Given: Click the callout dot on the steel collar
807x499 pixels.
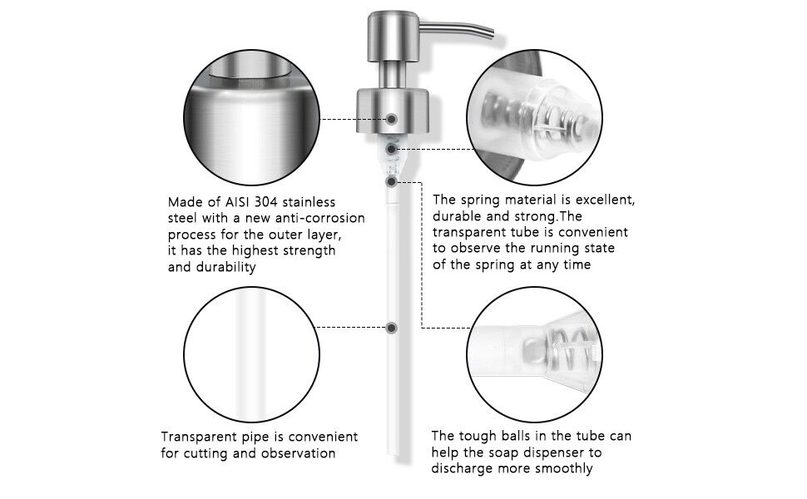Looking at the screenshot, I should [x=391, y=119].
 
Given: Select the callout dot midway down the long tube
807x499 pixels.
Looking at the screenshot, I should [x=391, y=328].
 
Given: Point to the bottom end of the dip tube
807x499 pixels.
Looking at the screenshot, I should [x=391, y=454].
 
